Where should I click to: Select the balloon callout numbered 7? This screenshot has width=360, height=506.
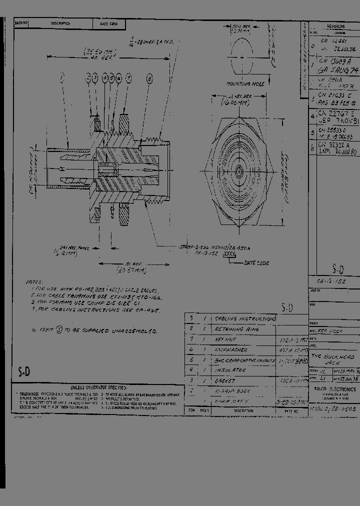click(x=128, y=78)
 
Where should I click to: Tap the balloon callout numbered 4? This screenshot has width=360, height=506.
click(x=105, y=78)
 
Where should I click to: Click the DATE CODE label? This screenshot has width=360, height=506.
click(x=256, y=262)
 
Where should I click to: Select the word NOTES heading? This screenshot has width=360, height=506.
click(x=34, y=282)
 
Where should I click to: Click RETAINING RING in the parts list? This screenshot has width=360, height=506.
click(x=236, y=329)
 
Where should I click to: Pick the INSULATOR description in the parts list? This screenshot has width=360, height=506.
click(x=230, y=370)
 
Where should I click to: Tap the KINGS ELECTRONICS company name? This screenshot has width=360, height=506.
click(x=335, y=389)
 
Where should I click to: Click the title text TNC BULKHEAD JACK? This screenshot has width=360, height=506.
click(x=332, y=360)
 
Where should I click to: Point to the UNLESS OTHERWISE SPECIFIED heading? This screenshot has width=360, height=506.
click(x=98, y=387)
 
